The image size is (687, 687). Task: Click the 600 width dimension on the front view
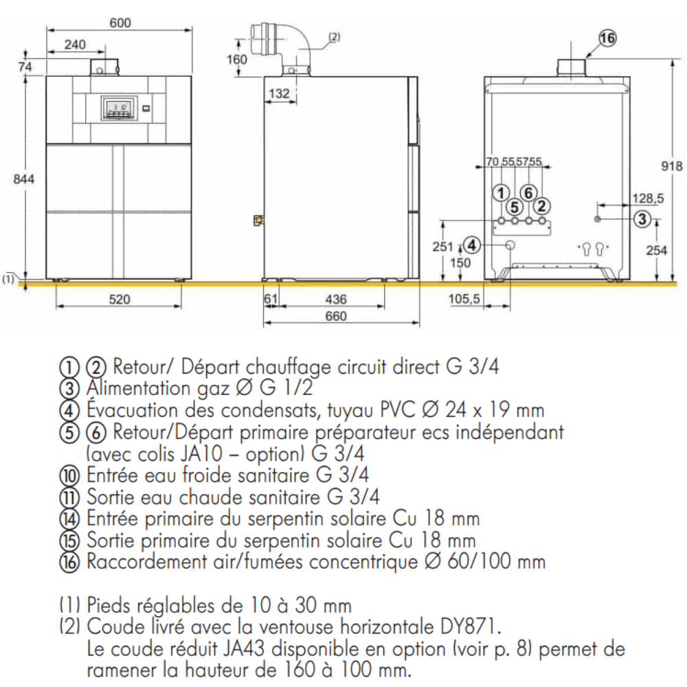point(120,23)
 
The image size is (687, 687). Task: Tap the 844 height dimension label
point(23,179)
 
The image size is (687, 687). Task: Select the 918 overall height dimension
point(672,166)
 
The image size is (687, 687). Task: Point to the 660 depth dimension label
point(336,316)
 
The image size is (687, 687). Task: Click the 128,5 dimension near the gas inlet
point(648,199)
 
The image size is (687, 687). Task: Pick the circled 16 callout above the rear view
point(607,38)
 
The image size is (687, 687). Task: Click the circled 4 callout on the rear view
point(472,245)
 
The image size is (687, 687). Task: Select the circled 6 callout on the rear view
point(528,193)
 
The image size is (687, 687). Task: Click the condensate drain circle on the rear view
point(510,245)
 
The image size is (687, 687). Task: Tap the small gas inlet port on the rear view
point(598,218)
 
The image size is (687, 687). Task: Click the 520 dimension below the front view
point(120,300)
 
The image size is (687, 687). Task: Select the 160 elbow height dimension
point(237,59)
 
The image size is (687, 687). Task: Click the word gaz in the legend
point(213,389)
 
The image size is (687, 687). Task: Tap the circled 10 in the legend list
point(69,475)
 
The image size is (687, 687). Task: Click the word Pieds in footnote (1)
point(109,605)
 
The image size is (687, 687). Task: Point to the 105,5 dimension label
point(464,300)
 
